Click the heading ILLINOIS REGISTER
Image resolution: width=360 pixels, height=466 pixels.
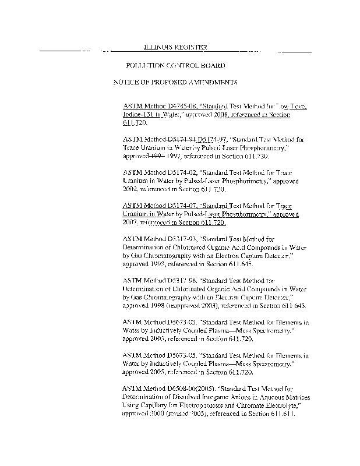[175, 47]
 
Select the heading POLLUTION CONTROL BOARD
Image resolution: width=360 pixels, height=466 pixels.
[175, 66]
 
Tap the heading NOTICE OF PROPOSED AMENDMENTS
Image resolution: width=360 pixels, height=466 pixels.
[175, 82]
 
